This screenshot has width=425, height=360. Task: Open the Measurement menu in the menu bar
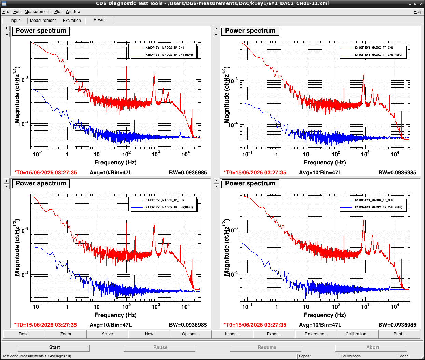pyautogui.click(x=37, y=12)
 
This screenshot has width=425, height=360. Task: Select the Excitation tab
pyautogui.click(x=71, y=21)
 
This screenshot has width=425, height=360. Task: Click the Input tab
pyautogui.click(x=15, y=21)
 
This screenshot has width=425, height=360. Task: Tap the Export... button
pyautogui.click(x=274, y=334)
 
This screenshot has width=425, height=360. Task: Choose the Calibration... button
pyautogui.click(x=357, y=334)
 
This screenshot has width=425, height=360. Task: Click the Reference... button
pyautogui.click(x=316, y=334)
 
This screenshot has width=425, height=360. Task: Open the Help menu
pyautogui.click(x=418, y=12)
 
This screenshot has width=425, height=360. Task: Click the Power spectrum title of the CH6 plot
pyautogui.click(x=250, y=31)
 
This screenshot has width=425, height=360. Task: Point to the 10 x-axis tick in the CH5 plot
pyautogui.click(x=97, y=307)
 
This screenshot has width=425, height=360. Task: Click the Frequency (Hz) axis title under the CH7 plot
pyautogui.click(x=325, y=315)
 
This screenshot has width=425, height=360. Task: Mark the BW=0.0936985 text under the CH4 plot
pyautogui.click(x=188, y=172)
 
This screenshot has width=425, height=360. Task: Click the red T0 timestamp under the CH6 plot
pyautogui.click(x=255, y=172)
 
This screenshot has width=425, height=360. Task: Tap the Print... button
pyautogui.click(x=399, y=334)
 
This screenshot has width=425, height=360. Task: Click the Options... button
pyautogui.click(x=191, y=334)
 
